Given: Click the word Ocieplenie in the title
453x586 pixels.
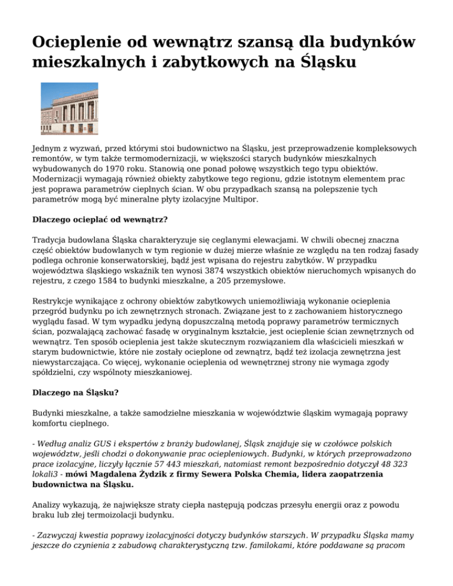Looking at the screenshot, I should (x=78, y=44).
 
